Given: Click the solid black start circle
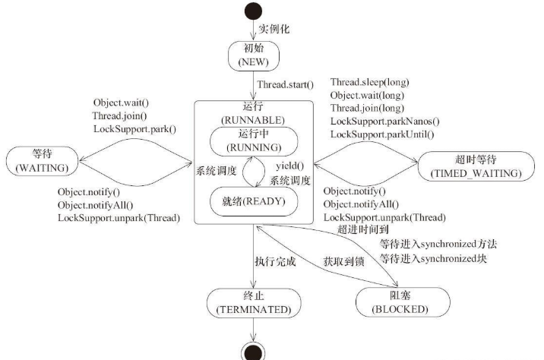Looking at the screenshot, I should [x=254, y=11].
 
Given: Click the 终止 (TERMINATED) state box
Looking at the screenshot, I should [x=254, y=303].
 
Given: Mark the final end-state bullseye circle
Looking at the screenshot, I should [x=254, y=350].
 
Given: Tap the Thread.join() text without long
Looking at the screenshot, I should [x=119, y=115].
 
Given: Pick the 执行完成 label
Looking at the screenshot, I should [x=275, y=261].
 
